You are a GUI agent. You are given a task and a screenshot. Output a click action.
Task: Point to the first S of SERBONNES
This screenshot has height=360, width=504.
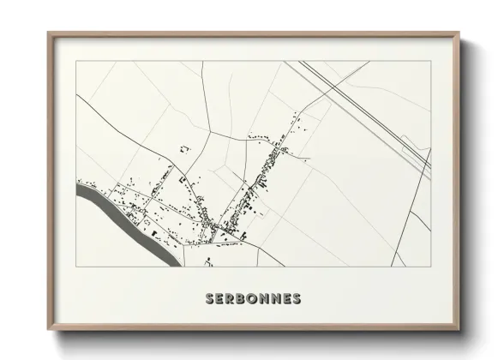coord(210,299)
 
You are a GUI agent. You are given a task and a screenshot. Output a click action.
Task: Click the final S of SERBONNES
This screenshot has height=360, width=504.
coord(297,299)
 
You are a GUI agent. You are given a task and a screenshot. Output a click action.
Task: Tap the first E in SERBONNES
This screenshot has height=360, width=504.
coord(220,299)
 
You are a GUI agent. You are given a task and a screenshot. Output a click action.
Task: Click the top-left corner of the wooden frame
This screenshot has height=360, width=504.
coord(48,33)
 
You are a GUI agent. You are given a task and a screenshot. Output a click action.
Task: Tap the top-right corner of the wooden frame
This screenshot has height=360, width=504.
coord(460,33)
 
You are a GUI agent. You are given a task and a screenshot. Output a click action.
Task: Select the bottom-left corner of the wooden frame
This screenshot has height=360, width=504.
coord(48,331)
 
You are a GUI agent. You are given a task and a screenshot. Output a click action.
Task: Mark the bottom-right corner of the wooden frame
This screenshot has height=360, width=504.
coord(460,331)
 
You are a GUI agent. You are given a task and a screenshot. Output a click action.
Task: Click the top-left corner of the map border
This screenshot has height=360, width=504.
coord(77,61)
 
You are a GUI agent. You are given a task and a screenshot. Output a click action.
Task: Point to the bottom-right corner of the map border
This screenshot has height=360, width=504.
coord(431,266)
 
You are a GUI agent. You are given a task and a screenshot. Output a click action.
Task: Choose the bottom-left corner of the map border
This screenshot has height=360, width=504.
coord(77,266)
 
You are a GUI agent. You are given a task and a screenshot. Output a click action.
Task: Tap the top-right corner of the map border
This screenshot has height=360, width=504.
coord(431,61)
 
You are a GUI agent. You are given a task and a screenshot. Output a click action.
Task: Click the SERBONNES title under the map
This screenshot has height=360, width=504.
coord(253,299)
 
